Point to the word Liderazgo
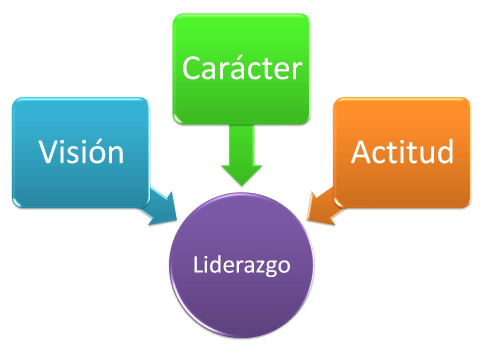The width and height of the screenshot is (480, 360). point(241,265)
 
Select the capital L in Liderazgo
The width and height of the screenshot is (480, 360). point(198,264)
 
